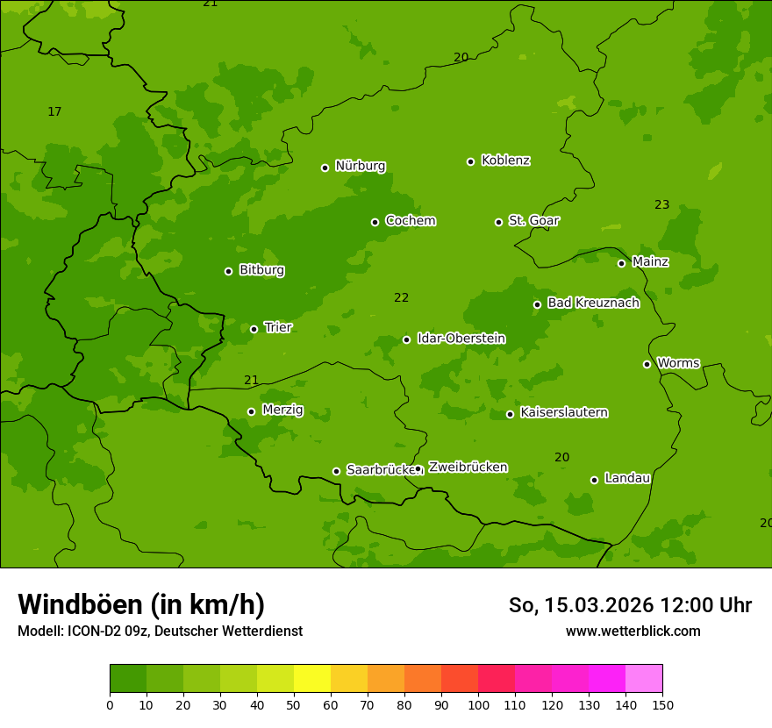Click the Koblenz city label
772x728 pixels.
(505, 161)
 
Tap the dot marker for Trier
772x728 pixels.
(254, 329)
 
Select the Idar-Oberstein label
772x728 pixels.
(461, 339)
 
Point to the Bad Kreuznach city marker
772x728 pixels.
(538, 304)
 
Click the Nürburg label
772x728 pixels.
(360, 166)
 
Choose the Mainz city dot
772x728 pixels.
(622, 263)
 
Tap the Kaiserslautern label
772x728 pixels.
(563, 412)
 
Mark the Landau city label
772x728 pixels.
(627, 478)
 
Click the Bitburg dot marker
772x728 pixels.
(229, 271)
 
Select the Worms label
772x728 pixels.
(678, 362)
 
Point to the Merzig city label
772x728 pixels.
(282, 410)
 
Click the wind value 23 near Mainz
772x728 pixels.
(661, 205)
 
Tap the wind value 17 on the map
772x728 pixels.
(54, 111)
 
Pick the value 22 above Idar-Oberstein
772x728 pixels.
(401, 298)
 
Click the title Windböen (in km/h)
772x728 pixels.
(141, 604)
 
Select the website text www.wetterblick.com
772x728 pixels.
(633, 631)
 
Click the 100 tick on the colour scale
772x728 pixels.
(478, 704)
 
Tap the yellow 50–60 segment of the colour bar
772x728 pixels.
(312, 679)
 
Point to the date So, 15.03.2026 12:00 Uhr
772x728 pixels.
(630, 605)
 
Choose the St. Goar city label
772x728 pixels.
(533, 220)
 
